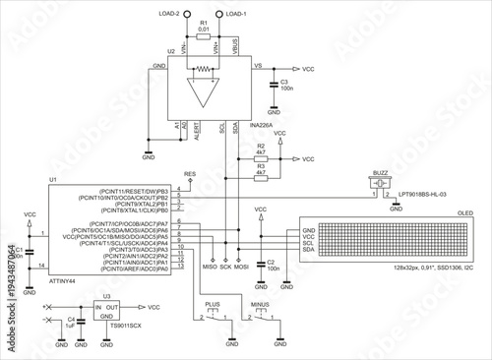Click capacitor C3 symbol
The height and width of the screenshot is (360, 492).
(273, 86)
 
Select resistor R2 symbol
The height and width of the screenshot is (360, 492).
(261, 157)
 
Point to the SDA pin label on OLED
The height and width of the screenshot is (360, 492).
(310, 252)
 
